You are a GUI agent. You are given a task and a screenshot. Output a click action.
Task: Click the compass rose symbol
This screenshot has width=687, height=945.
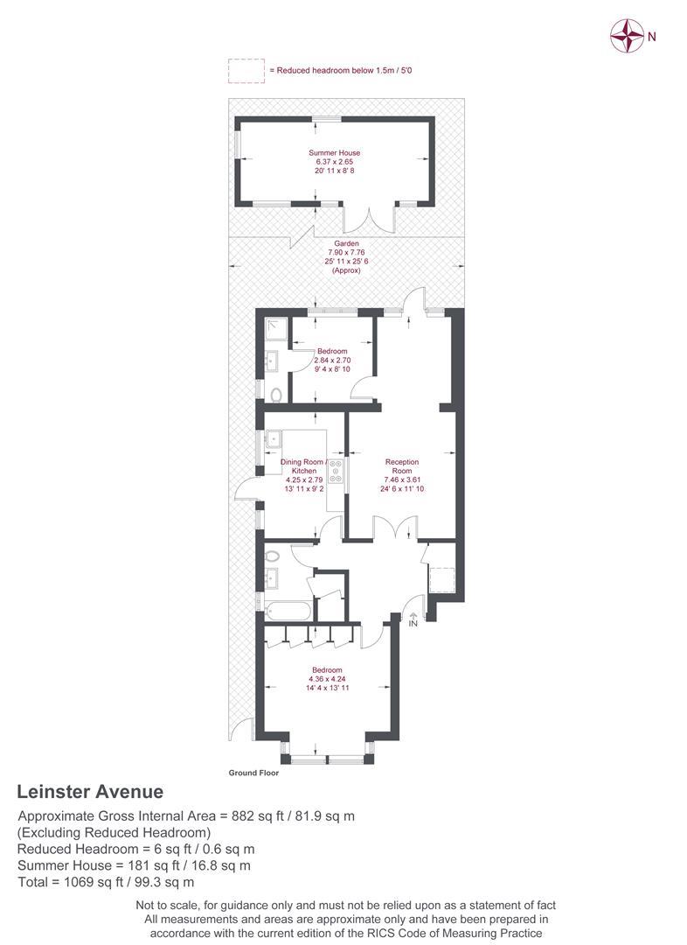pyautogui.click(x=627, y=36)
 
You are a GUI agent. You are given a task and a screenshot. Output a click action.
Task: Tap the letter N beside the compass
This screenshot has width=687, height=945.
pyautogui.click(x=651, y=37)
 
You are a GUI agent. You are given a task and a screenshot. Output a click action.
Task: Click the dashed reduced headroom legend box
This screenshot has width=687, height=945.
pyautogui.click(x=246, y=71)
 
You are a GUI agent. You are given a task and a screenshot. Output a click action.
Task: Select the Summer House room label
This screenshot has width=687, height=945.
pyautogui.click(x=334, y=153)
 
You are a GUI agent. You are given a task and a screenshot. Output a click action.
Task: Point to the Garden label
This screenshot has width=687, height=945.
pyautogui.click(x=346, y=243)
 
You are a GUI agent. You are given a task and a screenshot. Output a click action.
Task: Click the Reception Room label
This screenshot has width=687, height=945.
pyautogui.click(x=402, y=466)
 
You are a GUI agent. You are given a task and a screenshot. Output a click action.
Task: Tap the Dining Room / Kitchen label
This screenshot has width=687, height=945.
pyautogui.click(x=304, y=466)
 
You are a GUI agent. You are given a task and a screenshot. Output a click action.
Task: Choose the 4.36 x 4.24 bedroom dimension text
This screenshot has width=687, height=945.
pyautogui.click(x=327, y=679)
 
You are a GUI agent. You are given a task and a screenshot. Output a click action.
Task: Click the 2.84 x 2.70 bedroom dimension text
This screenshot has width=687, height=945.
pyautogui.click(x=332, y=360)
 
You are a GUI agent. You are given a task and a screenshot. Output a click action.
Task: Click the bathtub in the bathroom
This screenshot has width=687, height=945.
pyautogui.click(x=288, y=612)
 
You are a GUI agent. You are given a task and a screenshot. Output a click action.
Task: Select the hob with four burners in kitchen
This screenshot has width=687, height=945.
pyautogui.click(x=336, y=471)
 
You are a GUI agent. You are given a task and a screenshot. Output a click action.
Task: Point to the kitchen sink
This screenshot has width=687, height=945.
pyautogui.click(x=274, y=439)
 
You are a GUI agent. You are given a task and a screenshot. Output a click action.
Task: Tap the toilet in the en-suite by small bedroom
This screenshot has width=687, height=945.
pyautogui.click(x=276, y=395)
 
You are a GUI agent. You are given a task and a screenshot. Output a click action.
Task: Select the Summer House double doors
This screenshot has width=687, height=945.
pyautogui.click(x=370, y=220)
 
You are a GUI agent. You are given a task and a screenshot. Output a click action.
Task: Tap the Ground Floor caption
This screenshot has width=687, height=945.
pyautogui.click(x=253, y=773)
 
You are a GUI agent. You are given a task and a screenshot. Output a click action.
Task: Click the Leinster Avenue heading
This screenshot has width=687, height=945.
pyautogui.click(x=90, y=791)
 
